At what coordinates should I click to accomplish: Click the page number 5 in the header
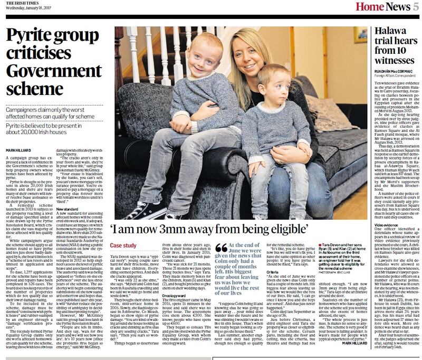point(407,7)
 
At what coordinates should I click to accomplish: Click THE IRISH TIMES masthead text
point(20,3)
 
